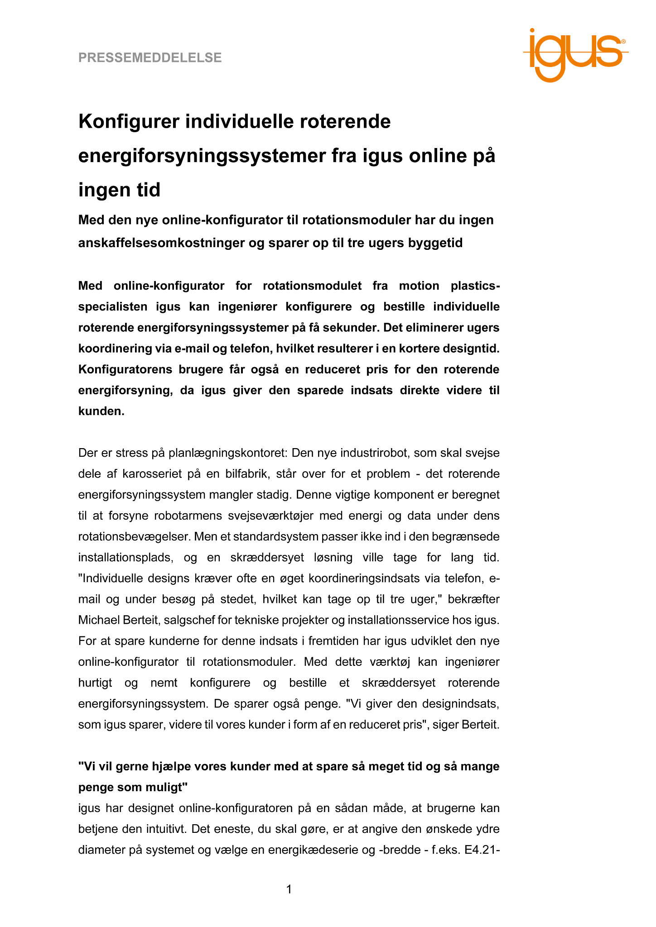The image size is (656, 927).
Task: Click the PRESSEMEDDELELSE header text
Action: pyautogui.click(x=150, y=57)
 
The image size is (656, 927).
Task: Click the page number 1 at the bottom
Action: pyautogui.click(x=289, y=890)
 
